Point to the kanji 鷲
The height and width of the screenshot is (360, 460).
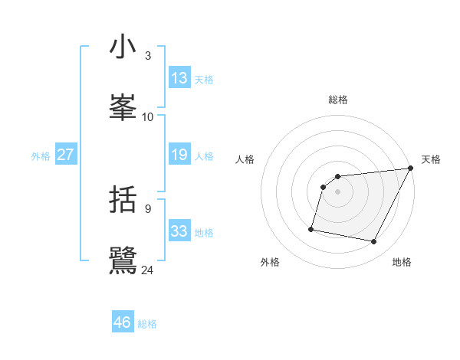[123, 259]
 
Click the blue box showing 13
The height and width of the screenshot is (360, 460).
[179, 78]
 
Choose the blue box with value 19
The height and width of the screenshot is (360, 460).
[179, 155]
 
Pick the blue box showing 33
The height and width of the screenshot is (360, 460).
[179, 231]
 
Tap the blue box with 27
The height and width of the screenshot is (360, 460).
[66, 155]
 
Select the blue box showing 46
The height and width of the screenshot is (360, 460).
[123, 322]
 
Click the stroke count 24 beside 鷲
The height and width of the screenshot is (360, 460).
[148, 270]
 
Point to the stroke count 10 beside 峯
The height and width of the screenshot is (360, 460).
[148, 116]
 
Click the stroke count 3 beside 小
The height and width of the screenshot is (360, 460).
[148, 56]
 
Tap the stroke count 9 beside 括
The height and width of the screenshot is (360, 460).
[148, 208]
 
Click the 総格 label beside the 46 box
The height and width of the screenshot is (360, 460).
[147, 324]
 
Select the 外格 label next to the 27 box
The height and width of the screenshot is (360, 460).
[41, 156]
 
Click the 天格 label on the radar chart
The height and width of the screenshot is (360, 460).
[431, 159]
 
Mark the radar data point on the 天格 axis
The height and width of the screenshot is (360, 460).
[410, 169]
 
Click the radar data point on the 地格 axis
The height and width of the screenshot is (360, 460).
[374, 242]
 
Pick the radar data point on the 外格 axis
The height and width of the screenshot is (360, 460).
[311, 229]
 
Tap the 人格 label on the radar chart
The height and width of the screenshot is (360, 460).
[245, 159]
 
